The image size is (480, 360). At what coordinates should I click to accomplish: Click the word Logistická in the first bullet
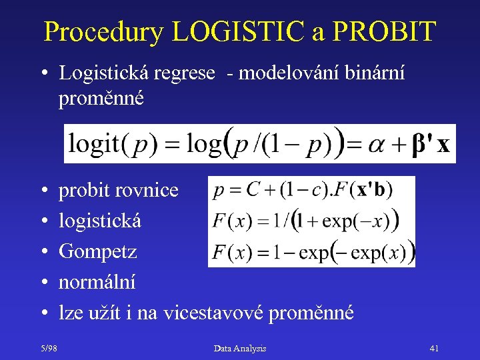click(x=103, y=73)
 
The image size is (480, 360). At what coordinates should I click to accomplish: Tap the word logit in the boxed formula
click(x=95, y=144)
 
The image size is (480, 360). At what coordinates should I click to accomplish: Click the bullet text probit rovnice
click(x=119, y=191)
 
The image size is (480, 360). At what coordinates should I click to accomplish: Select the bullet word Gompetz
click(x=98, y=252)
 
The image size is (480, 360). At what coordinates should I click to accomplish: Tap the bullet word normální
click(x=97, y=282)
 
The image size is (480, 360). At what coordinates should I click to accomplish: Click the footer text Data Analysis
click(x=240, y=348)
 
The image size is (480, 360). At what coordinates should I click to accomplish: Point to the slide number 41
click(x=434, y=348)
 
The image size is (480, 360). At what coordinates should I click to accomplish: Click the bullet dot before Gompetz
click(x=43, y=252)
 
